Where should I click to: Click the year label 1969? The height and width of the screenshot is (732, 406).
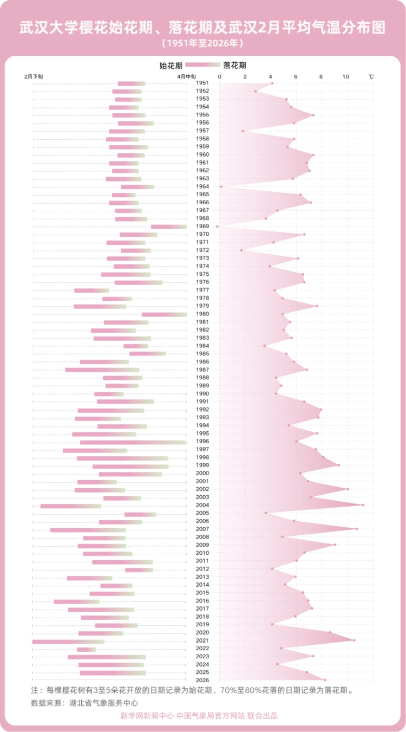coord(203,226)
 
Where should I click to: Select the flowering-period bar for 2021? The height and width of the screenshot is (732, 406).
coord(68,642)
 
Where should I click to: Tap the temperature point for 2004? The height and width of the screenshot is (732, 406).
coord(363,505)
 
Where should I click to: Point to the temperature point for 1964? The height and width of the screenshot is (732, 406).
coord(221,186)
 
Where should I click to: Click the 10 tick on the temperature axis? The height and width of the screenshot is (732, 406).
coord(346,76)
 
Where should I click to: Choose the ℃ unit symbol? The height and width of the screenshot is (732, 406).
coord(371,76)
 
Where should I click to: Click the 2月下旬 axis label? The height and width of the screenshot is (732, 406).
coord(34,76)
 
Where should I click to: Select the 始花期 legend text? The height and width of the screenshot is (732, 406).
coord(171,66)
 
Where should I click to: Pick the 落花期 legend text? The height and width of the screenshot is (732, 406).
coord(234,66)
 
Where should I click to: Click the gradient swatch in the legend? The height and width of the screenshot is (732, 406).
coord(202,65)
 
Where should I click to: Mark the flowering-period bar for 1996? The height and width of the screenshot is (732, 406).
coord(133,442)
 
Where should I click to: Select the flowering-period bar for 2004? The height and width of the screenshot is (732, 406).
coord(70,506)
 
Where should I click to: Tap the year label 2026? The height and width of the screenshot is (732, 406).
coord(203,681)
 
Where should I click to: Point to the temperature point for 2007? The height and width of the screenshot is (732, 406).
coord(357,529)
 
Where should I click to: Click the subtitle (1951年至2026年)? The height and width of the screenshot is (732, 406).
coord(202,42)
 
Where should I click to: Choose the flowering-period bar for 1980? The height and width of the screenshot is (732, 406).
coord(165,314)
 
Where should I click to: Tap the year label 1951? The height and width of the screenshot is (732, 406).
coord(203,83)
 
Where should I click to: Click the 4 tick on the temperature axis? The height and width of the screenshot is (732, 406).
coord(270,76)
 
